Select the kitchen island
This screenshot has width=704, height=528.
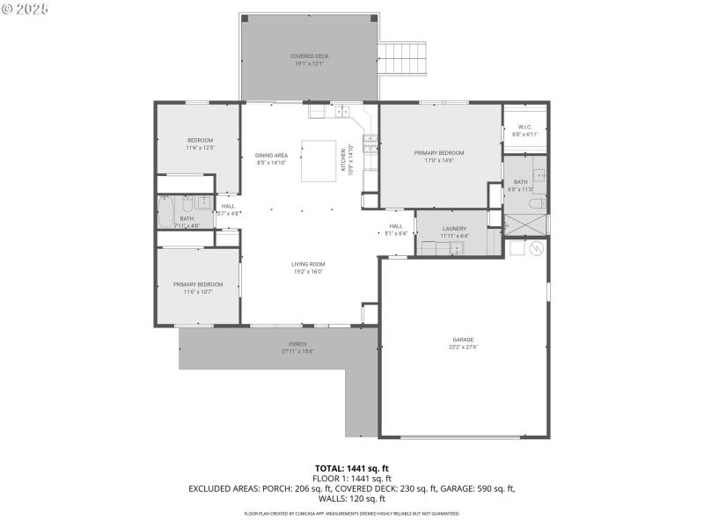click(x=319, y=161)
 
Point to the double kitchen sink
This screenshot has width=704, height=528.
click(x=342, y=112)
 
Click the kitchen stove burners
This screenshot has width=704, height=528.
click(x=371, y=142)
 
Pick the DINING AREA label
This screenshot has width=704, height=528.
click(x=271, y=155)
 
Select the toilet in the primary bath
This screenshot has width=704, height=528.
click(x=537, y=203)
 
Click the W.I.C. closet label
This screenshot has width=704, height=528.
click(x=524, y=127)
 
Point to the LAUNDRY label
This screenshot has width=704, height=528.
click(x=454, y=229)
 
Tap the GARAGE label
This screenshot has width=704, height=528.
click(x=463, y=340)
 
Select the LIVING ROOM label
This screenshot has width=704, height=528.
click(x=308, y=264)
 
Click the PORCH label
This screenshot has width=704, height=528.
click(x=297, y=344)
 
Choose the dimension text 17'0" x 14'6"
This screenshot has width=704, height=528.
click(x=438, y=160)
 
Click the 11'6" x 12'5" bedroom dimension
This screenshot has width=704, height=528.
click(x=200, y=148)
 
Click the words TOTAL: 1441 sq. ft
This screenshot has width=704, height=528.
click(x=352, y=467)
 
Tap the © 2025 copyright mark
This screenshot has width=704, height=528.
click(x=26, y=9)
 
